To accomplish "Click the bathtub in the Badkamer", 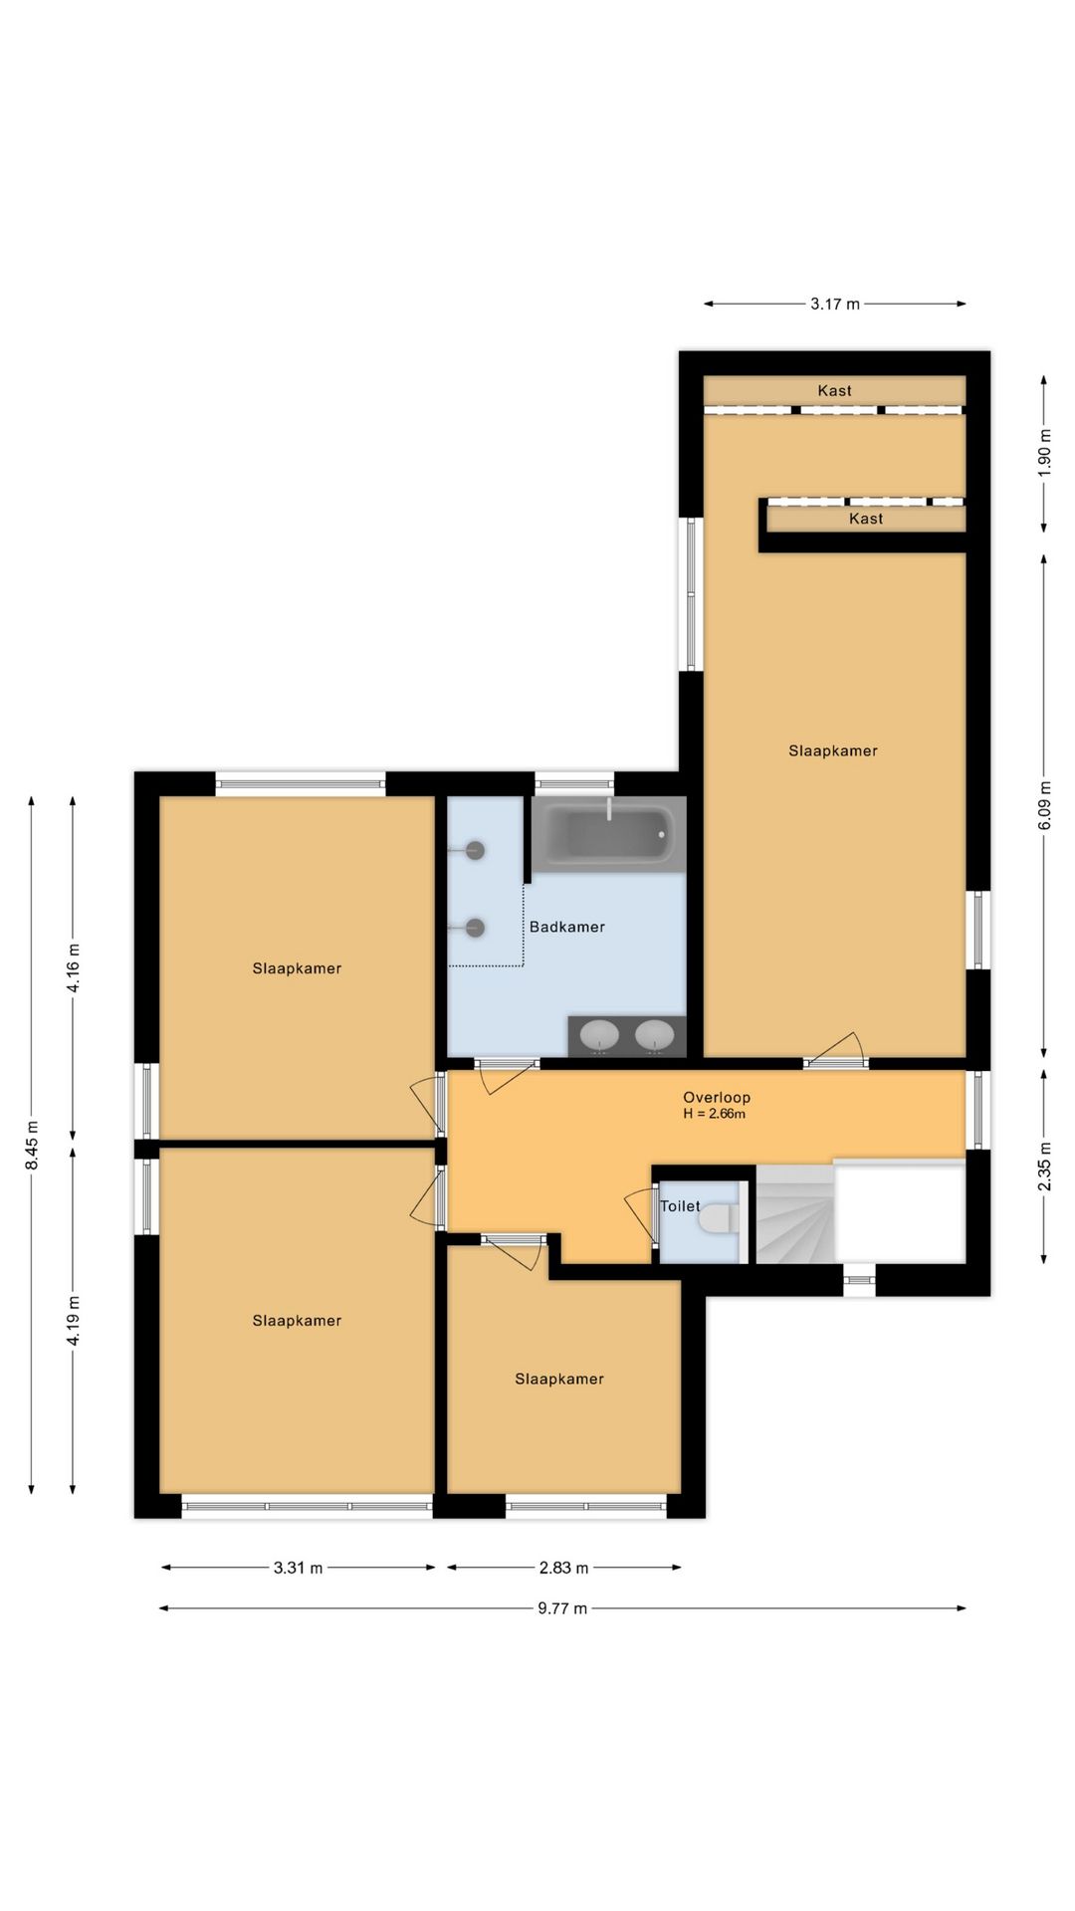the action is tap(609, 834).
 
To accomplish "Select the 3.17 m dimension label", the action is tap(835, 304).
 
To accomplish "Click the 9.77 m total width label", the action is tap(562, 1608).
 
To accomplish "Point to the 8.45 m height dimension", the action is tap(32, 1146).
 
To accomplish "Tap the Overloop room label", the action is tap(717, 1098).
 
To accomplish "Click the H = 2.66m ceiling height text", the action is tap(715, 1114).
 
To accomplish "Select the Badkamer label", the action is tap(567, 927).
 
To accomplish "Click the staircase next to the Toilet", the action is tap(795, 1214).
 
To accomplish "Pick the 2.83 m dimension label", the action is tap(564, 1568).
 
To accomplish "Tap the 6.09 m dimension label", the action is tap(1044, 805).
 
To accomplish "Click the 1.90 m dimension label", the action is tap(1044, 453).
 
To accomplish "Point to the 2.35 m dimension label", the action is tap(1044, 1166).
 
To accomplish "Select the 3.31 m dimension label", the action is tap(299, 1568).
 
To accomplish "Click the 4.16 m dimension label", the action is tap(74, 968).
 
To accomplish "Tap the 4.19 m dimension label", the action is tap(74, 1321).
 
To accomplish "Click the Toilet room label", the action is tap(680, 1206).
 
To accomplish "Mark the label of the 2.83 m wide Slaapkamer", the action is tap(559, 1379).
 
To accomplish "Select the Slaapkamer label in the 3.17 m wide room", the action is tap(833, 750).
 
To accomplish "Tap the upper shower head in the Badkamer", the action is tap(475, 850).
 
